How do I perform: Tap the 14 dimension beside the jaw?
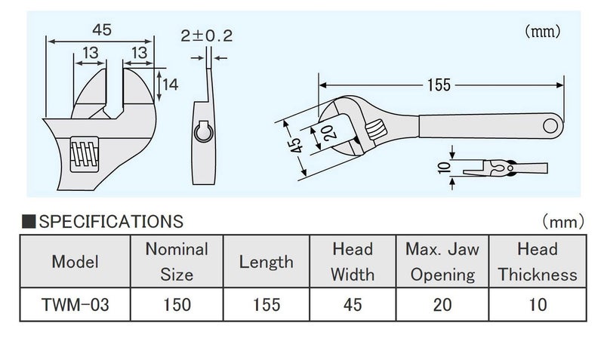[x=170, y=85]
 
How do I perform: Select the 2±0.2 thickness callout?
[x=206, y=35]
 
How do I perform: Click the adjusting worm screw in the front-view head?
[x=84, y=156]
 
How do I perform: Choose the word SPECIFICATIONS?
[x=110, y=222]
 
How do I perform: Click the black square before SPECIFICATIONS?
[x=29, y=222]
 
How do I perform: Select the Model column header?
[x=74, y=262]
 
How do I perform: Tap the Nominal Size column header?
[x=176, y=261]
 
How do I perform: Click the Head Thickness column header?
[x=537, y=261]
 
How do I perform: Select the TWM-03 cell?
[x=74, y=306]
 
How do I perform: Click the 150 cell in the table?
[x=176, y=306]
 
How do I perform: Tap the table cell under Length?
[x=266, y=306]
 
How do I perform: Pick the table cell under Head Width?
[x=352, y=306]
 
